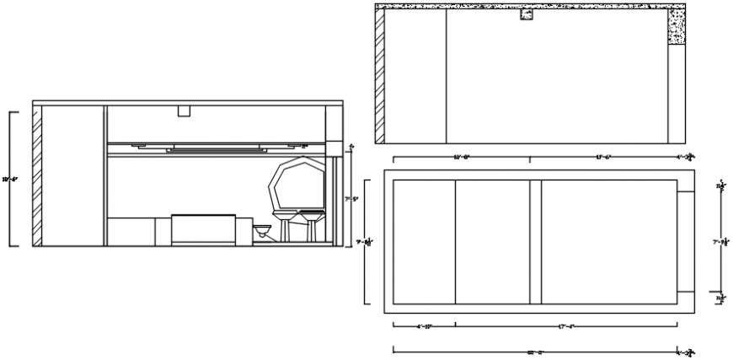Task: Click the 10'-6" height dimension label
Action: pos(10,179)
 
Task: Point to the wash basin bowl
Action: pos(264,228)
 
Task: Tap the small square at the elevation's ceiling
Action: pos(184,111)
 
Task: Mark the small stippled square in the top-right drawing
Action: pos(528,14)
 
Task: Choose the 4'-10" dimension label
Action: pos(425,326)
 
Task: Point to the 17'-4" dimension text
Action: pos(566,326)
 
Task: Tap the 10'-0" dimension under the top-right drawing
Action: pos(462,157)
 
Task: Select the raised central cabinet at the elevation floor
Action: pos(202,229)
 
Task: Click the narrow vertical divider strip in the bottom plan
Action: pos(535,242)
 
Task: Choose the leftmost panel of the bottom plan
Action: pos(425,242)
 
